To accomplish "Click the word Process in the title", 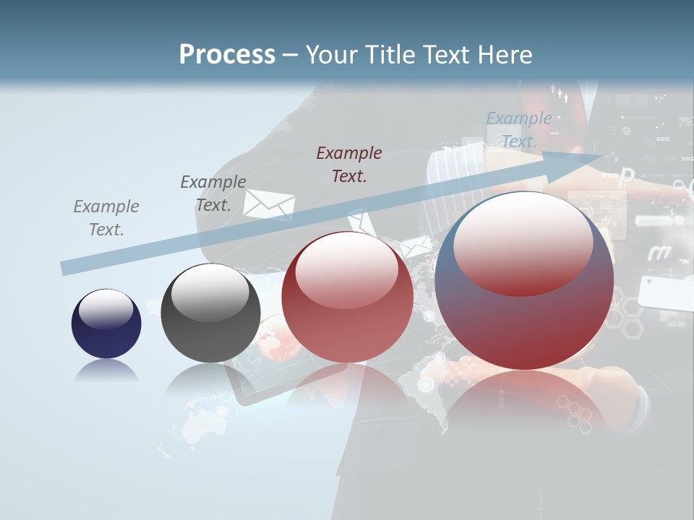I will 227,54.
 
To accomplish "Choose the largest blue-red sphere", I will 524,282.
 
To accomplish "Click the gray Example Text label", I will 106,218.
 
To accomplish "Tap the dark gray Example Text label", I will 213,194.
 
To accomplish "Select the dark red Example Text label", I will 349,164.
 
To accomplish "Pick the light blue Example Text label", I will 518,130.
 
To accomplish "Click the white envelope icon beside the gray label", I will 268,204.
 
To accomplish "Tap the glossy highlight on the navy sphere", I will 106,309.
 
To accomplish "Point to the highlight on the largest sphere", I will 523,242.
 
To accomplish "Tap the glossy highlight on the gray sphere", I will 210,292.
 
